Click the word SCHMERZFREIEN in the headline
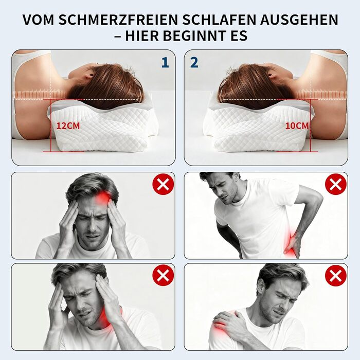pyautogui.click(x=118, y=20)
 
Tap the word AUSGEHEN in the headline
pyautogui.click(x=299, y=20)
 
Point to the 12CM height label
pyautogui.click(x=68, y=126)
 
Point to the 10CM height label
pyautogui.click(x=297, y=126)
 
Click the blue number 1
pyautogui.click(x=165, y=62)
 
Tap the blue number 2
pyautogui.click(x=194, y=62)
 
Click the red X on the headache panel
pyautogui.click(x=163, y=184)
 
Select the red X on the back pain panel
pyautogui.click(x=336, y=184)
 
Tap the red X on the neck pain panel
pyautogui.click(x=163, y=275)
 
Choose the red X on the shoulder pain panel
pyautogui.click(x=336, y=275)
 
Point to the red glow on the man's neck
pyautogui.click(x=106, y=318)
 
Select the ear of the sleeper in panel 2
pyautogui.click(x=270, y=75)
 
